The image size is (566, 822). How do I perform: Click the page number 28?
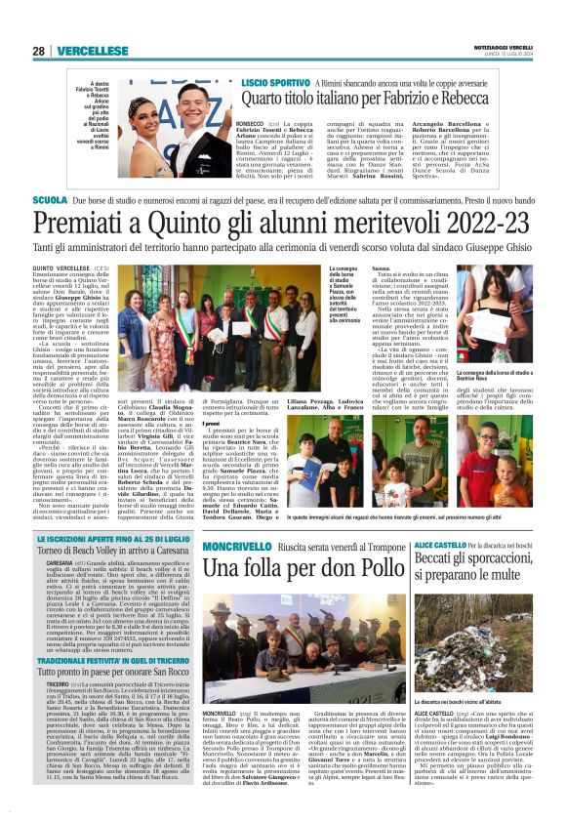tap(39, 51)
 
